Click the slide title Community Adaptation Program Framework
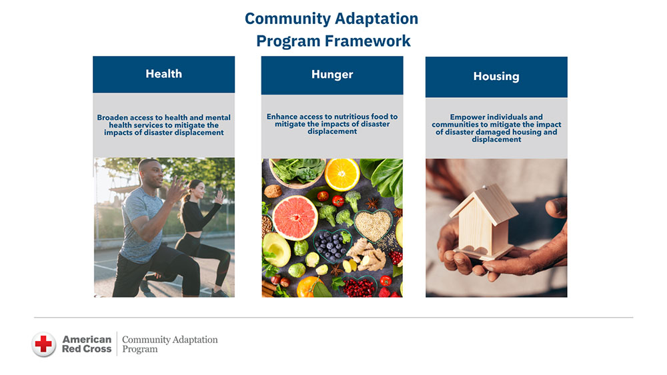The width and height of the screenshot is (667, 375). coord(331,29)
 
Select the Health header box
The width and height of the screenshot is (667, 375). coord(163,74)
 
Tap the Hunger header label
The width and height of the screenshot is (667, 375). coord(331,75)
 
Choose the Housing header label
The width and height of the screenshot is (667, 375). coord(496,77)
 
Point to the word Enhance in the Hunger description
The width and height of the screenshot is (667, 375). coord(282,117)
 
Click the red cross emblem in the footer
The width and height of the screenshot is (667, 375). coord(44,344)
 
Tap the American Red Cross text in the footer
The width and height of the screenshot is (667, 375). coord(87,344)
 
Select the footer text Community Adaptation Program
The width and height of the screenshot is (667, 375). coord(169,344)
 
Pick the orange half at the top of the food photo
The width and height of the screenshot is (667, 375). coord(342,174)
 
